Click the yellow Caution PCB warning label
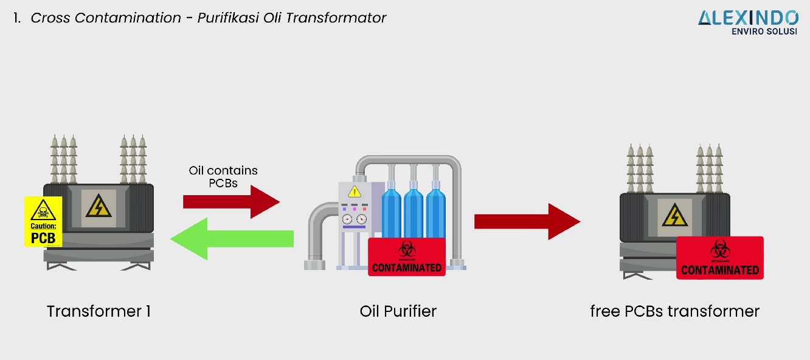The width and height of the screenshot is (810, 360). (x=43, y=221)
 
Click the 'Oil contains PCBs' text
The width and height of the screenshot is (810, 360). (x=223, y=177)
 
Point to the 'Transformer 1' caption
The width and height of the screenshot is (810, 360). (x=99, y=311)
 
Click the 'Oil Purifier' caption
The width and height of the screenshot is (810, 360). (x=398, y=311)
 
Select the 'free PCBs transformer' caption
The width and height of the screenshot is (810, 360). (x=675, y=311)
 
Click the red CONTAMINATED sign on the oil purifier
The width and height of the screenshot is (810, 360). (x=407, y=257)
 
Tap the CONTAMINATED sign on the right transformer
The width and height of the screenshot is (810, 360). (x=720, y=258)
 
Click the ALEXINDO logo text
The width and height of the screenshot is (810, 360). (x=748, y=18)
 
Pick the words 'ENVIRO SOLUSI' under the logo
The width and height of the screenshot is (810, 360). (x=764, y=32)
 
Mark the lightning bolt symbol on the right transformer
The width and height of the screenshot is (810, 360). (x=674, y=215)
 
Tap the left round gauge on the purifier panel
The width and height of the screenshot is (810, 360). (x=347, y=219)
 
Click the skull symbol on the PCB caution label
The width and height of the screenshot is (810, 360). (x=44, y=212)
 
